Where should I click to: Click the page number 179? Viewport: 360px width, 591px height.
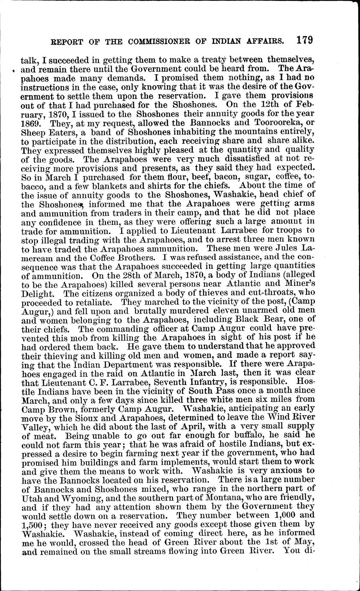click(x=304, y=40)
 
